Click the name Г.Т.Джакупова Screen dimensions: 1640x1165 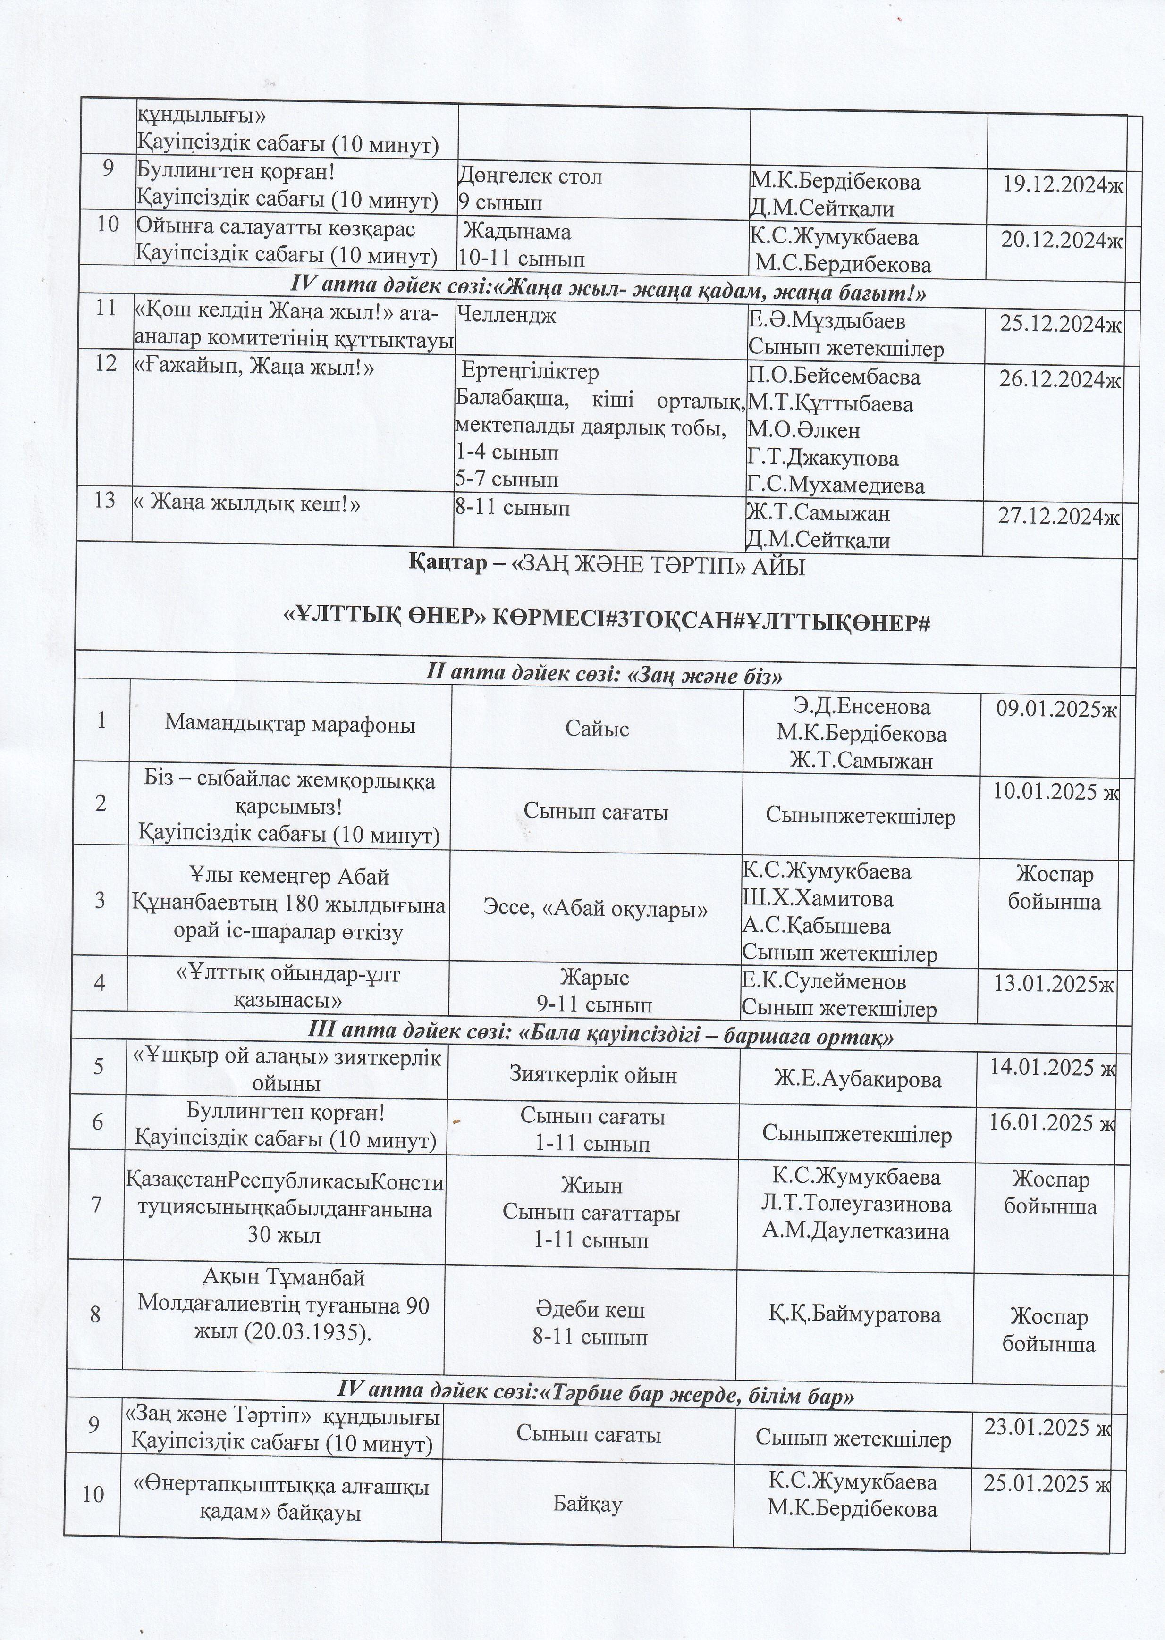point(823,458)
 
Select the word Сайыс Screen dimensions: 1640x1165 point(597,729)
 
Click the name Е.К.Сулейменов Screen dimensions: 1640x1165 point(824,981)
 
